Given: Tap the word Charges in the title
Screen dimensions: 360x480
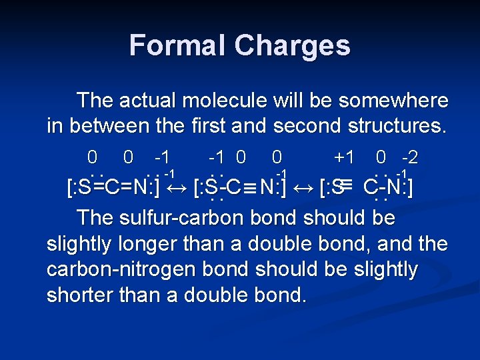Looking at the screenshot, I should coord(293,45).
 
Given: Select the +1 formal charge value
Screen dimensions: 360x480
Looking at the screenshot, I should coord(344,158).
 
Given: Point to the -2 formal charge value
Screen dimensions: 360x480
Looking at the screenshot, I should coord(406,158).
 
